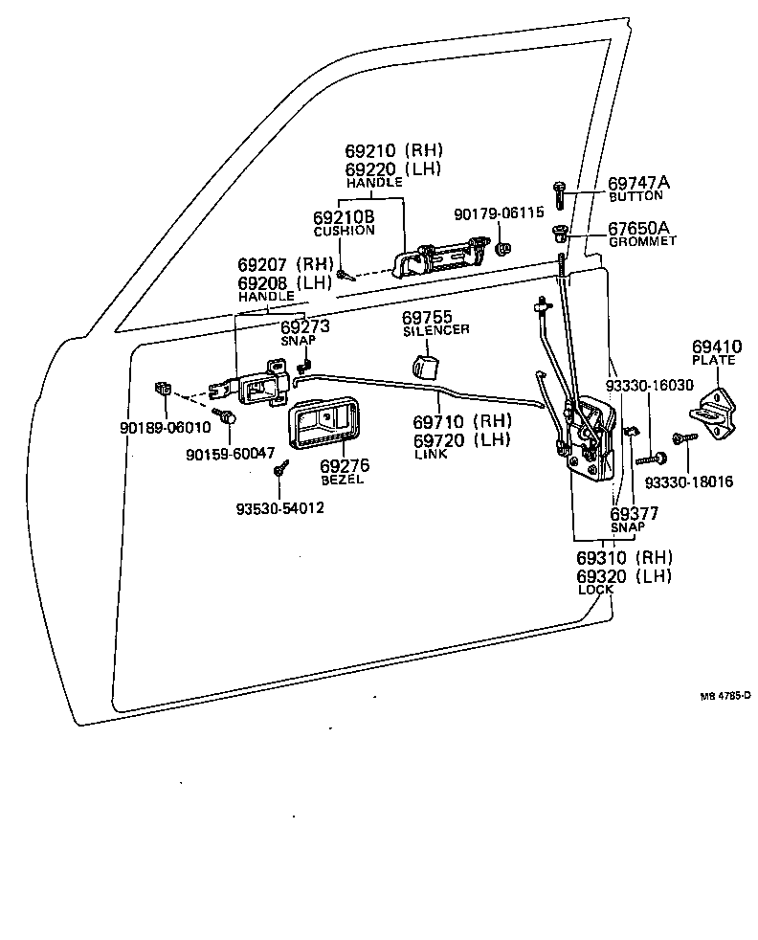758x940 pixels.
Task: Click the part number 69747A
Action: tap(638, 183)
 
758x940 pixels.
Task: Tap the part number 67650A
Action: tap(638, 228)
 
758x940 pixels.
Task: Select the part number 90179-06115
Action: tap(498, 213)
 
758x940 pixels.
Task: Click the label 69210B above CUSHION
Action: tap(345, 218)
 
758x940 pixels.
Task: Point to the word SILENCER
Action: tap(435, 330)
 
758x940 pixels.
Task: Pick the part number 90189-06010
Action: tap(165, 427)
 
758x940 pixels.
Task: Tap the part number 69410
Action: tap(717, 346)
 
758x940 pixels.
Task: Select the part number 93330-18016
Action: tap(688, 481)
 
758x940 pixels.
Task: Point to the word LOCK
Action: tap(594, 590)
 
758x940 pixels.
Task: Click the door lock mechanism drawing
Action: tap(587, 437)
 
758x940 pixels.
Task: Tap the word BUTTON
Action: tap(635, 196)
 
